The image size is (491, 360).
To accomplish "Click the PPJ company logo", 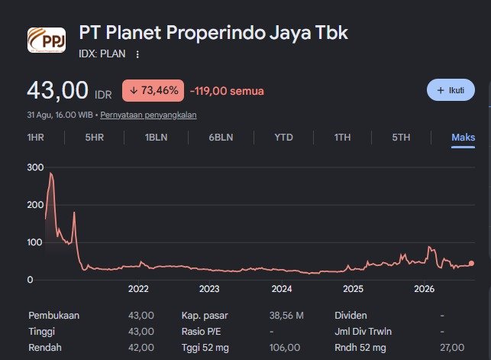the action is click(x=47, y=40).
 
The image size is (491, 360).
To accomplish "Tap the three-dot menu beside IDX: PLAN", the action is click(x=137, y=54).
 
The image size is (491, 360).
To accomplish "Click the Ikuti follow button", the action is click(x=451, y=90).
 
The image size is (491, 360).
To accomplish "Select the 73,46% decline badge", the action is click(x=153, y=90).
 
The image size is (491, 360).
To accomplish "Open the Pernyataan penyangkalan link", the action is click(x=148, y=115).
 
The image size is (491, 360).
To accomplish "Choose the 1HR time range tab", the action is click(x=36, y=138).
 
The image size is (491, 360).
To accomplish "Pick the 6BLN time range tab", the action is click(x=221, y=138).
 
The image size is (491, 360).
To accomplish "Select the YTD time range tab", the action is click(x=284, y=138).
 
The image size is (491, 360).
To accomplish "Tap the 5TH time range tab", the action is click(x=401, y=138).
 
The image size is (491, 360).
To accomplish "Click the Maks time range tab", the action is click(x=464, y=138).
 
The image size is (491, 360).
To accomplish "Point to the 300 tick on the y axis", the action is click(x=35, y=167).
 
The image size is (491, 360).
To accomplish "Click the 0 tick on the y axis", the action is click(x=30, y=280).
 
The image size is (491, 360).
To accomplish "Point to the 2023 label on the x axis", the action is click(x=209, y=289).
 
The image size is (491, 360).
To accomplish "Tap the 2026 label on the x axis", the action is click(x=425, y=289).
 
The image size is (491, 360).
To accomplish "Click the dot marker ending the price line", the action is click(x=472, y=264).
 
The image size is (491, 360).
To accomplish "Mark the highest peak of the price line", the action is click(x=50, y=173).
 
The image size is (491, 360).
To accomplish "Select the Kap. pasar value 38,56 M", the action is click(x=286, y=315).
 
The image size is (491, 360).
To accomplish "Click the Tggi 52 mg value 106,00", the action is click(x=285, y=348).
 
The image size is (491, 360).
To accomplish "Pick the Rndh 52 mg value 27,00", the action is click(x=452, y=348).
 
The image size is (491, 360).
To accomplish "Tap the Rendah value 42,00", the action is click(x=141, y=348).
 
